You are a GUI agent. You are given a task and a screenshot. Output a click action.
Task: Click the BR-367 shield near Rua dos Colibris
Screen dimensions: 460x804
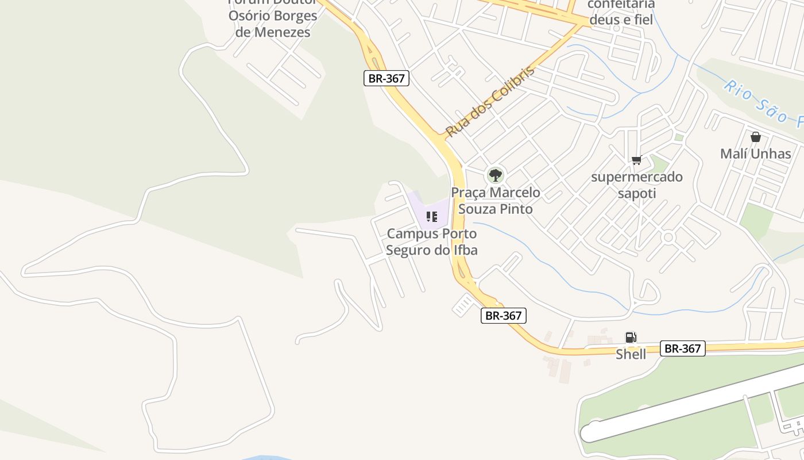(x=386, y=78)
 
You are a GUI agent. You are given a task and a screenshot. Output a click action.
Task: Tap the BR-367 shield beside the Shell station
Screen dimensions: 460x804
(x=682, y=348)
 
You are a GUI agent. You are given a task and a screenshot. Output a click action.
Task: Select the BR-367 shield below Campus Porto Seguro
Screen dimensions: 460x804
(x=503, y=315)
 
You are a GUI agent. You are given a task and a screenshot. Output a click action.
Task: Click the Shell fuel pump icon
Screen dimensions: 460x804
(x=631, y=338)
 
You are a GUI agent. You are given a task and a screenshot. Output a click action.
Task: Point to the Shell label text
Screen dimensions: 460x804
(x=631, y=354)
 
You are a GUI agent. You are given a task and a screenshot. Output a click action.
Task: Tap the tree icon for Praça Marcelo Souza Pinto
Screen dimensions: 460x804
(x=495, y=175)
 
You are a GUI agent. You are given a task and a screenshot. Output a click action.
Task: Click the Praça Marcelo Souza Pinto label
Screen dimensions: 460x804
(x=496, y=201)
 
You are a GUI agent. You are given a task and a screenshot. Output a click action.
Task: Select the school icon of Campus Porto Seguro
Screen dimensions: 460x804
(x=432, y=217)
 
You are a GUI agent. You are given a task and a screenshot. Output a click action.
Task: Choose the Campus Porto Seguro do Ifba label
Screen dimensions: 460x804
(x=432, y=242)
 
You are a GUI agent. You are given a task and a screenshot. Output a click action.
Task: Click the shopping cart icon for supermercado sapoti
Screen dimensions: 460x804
(x=636, y=160)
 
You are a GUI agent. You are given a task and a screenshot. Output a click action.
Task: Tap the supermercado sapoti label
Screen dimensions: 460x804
(x=637, y=185)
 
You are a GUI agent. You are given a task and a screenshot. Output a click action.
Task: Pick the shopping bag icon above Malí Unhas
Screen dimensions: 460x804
(x=756, y=137)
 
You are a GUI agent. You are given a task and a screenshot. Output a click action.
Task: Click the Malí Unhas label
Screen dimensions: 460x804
(x=756, y=154)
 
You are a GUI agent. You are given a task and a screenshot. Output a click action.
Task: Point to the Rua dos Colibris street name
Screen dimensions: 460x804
(x=489, y=102)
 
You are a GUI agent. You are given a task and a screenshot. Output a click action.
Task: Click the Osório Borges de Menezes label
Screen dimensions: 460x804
(x=273, y=24)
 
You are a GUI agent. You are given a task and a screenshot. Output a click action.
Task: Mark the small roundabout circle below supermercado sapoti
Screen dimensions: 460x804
(x=667, y=237)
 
